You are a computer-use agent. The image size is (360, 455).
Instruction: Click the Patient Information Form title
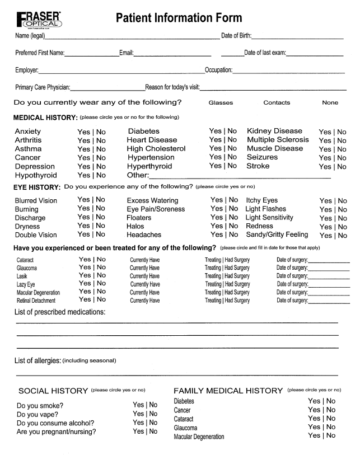[179, 18]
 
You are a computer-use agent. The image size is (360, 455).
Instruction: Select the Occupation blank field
[288, 71]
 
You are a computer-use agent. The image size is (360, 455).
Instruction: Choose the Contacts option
[277, 103]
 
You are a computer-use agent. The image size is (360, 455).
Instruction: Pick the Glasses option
[221, 103]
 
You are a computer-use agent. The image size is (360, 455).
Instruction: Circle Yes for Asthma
[83, 149]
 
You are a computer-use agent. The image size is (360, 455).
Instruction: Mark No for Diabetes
[232, 131]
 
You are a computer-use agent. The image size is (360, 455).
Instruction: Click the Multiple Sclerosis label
[278, 140]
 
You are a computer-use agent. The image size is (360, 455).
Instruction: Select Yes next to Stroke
[325, 167]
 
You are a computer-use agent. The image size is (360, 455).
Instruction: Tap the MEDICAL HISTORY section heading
[45, 118]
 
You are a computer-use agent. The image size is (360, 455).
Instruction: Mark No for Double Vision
[100, 234]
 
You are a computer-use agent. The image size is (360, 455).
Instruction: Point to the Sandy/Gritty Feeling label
[277, 235]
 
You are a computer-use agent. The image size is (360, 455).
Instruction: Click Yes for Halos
[216, 226]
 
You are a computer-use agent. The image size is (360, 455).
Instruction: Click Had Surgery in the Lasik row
[237, 276]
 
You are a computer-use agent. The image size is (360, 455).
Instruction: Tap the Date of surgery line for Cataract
[329, 261]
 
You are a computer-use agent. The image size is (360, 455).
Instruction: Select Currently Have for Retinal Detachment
[144, 301]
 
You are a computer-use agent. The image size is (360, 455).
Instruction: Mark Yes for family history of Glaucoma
[314, 427]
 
